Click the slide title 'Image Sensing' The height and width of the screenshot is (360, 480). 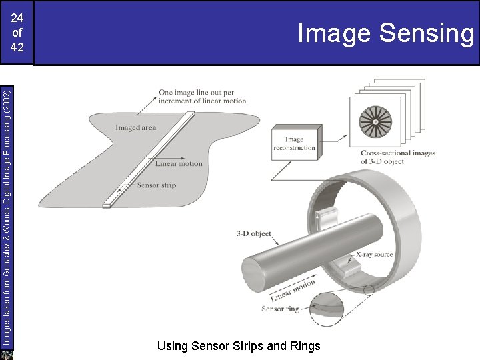(386, 33)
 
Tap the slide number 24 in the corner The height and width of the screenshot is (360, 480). (17, 18)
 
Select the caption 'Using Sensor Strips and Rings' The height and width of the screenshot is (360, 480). (239, 346)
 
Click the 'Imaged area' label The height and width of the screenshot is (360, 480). (135, 127)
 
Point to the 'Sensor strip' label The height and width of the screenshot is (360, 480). (157, 185)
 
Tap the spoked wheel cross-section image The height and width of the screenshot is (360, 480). (375, 122)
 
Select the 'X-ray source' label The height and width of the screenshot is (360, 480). (374, 255)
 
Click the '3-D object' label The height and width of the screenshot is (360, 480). (254, 233)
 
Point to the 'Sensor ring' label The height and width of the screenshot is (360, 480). (280, 309)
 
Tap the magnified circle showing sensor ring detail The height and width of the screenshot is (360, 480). (326, 309)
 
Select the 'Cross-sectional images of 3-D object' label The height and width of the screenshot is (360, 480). (397, 157)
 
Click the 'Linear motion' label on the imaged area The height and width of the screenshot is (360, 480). (179, 163)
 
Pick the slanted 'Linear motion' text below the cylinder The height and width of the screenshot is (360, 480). (293, 291)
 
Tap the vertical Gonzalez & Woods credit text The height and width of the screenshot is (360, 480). (7, 218)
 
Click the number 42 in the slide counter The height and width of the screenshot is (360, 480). (17, 47)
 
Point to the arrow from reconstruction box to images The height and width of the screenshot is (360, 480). (335, 139)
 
